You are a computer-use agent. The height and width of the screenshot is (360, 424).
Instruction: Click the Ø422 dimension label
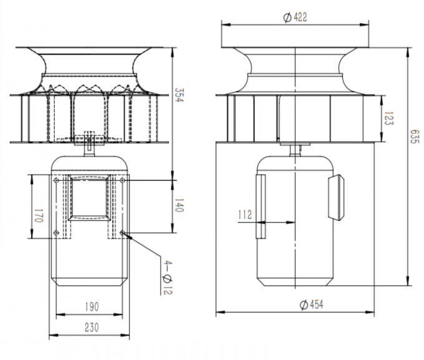click(x=295, y=17)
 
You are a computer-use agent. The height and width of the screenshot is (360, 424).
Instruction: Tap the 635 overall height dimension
click(x=415, y=137)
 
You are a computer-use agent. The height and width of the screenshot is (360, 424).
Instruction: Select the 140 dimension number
click(x=179, y=207)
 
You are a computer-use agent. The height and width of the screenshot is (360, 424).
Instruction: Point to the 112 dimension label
click(x=245, y=215)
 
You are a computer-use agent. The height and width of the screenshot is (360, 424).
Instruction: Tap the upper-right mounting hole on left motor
click(x=123, y=180)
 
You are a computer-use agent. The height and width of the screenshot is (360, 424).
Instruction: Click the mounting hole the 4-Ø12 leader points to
click(x=123, y=234)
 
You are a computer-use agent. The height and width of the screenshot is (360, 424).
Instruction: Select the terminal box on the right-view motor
click(x=336, y=197)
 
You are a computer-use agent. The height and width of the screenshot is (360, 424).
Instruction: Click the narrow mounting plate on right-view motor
click(x=260, y=206)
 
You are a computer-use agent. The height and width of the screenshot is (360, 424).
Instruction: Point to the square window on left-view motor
click(x=90, y=198)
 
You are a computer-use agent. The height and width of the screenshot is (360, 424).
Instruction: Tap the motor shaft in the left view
click(x=89, y=147)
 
